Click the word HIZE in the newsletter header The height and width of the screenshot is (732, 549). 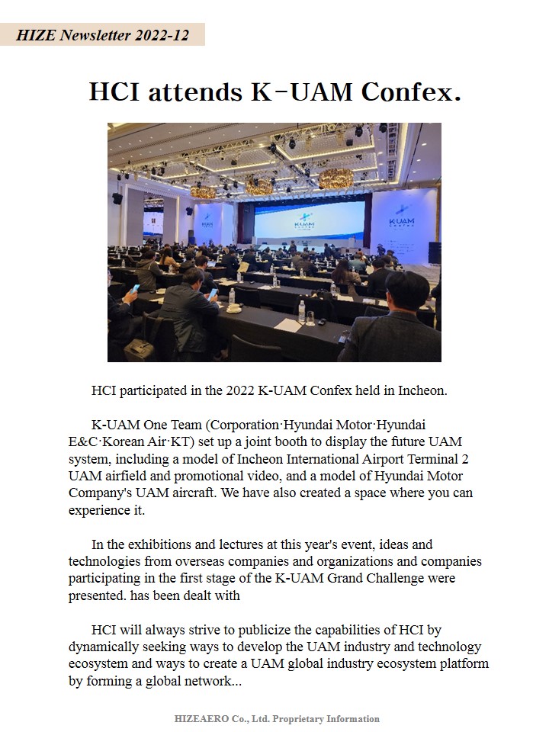(35, 35)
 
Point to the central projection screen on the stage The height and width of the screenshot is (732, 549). (311, 220)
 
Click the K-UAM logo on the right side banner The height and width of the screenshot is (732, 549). (401, 216)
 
